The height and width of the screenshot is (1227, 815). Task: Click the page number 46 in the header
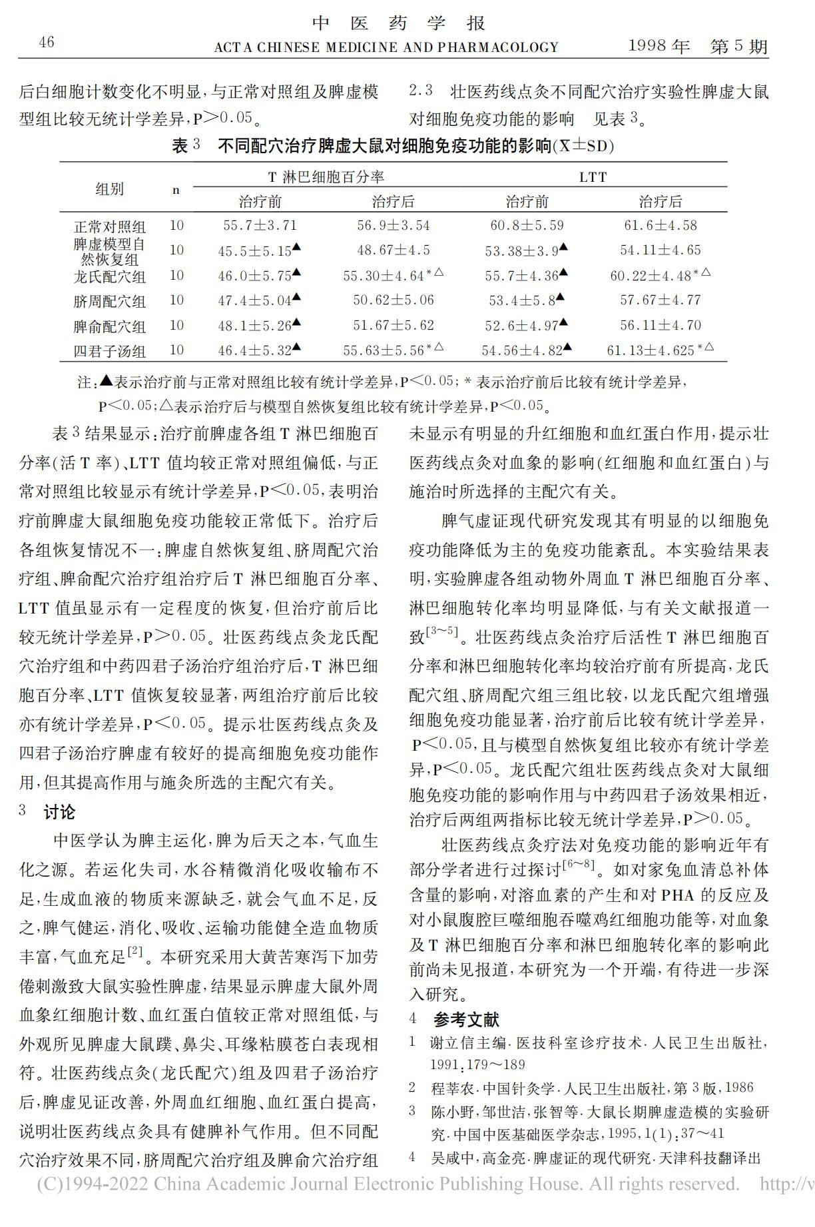tap(47, 43)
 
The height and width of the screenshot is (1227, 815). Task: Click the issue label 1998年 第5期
tap(698, 46)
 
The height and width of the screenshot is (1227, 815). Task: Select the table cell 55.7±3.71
tap(260, 225)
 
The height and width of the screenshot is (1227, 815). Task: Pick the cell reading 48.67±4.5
tap(394, 250)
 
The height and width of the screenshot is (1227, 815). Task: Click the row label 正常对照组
tap(110, 226)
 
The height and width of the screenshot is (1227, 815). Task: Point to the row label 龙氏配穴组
tap(110, 276)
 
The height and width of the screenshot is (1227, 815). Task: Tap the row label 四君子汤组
tap(110, 351)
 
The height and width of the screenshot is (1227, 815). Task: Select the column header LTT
tap(593, 177)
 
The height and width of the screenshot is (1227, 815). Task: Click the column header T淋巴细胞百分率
tap(326, 177)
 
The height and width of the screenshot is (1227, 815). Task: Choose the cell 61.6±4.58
tap(661, 225)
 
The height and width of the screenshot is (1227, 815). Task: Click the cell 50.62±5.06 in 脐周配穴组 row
tap(394, 300)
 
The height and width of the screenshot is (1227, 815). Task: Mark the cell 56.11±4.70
tap(661, 325)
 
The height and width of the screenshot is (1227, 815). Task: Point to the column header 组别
tap(110, 189)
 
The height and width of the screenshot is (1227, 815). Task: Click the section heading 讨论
tap(60, 812)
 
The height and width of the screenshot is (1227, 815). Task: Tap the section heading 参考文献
tap(466, 1019)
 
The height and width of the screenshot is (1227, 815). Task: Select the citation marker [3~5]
tap(441, 631)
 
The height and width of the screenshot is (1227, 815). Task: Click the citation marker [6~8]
tap(578, 865)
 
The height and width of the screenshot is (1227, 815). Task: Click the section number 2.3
tap(421, 91)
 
